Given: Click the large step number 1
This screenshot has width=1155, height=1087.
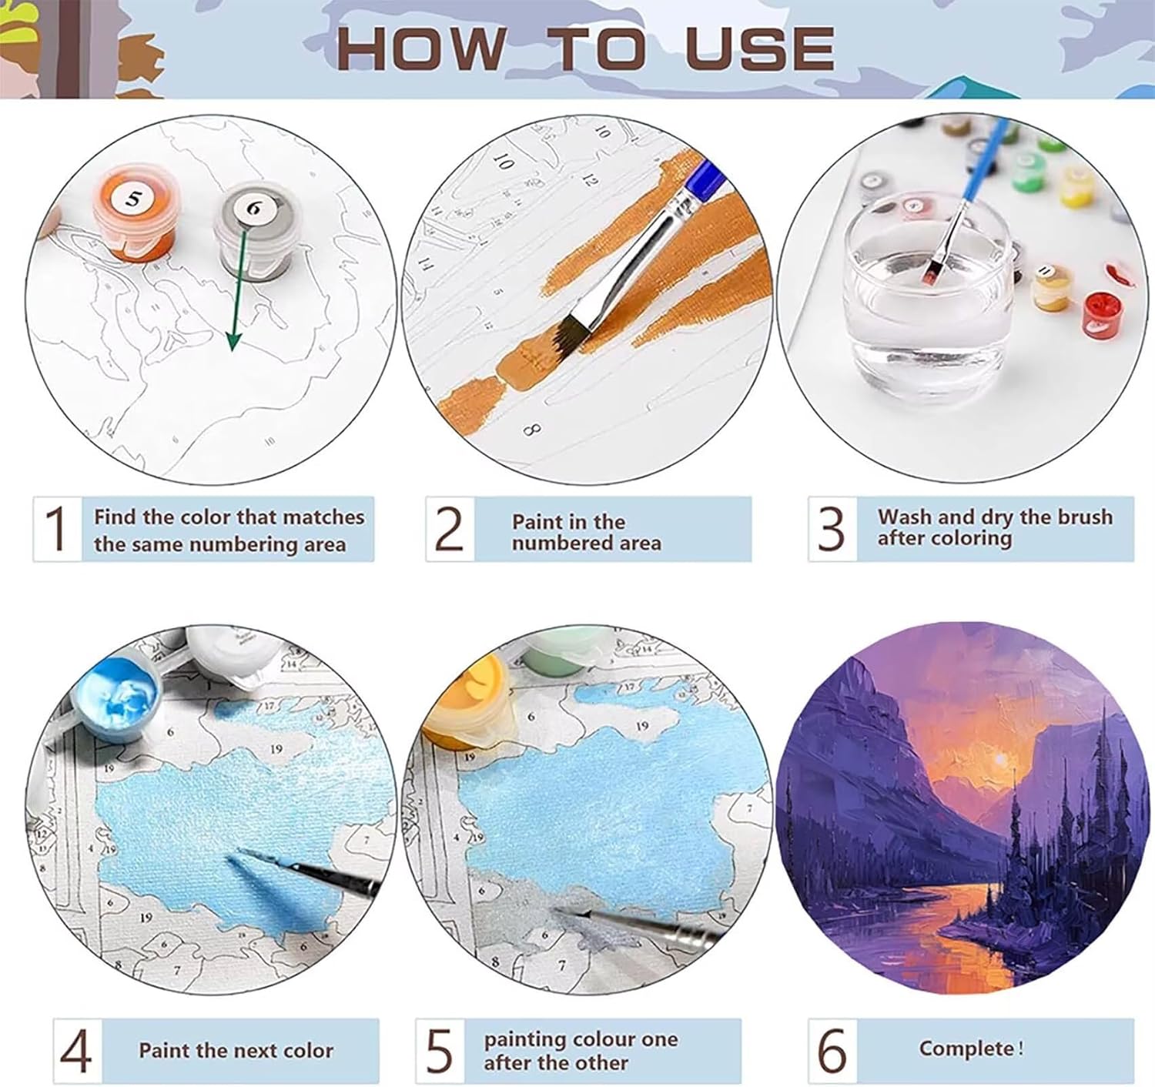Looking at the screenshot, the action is tap(56, 528).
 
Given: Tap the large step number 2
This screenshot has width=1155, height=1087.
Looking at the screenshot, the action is tap(449, 528).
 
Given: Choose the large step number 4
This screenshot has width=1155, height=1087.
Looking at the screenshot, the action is tap(76, 1051).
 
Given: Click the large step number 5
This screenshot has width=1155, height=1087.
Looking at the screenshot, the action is tap(440, 1051).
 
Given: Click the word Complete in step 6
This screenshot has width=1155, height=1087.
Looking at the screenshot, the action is tap(967, 1049).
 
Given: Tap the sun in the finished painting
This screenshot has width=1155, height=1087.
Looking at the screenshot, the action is tap(999, 759).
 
